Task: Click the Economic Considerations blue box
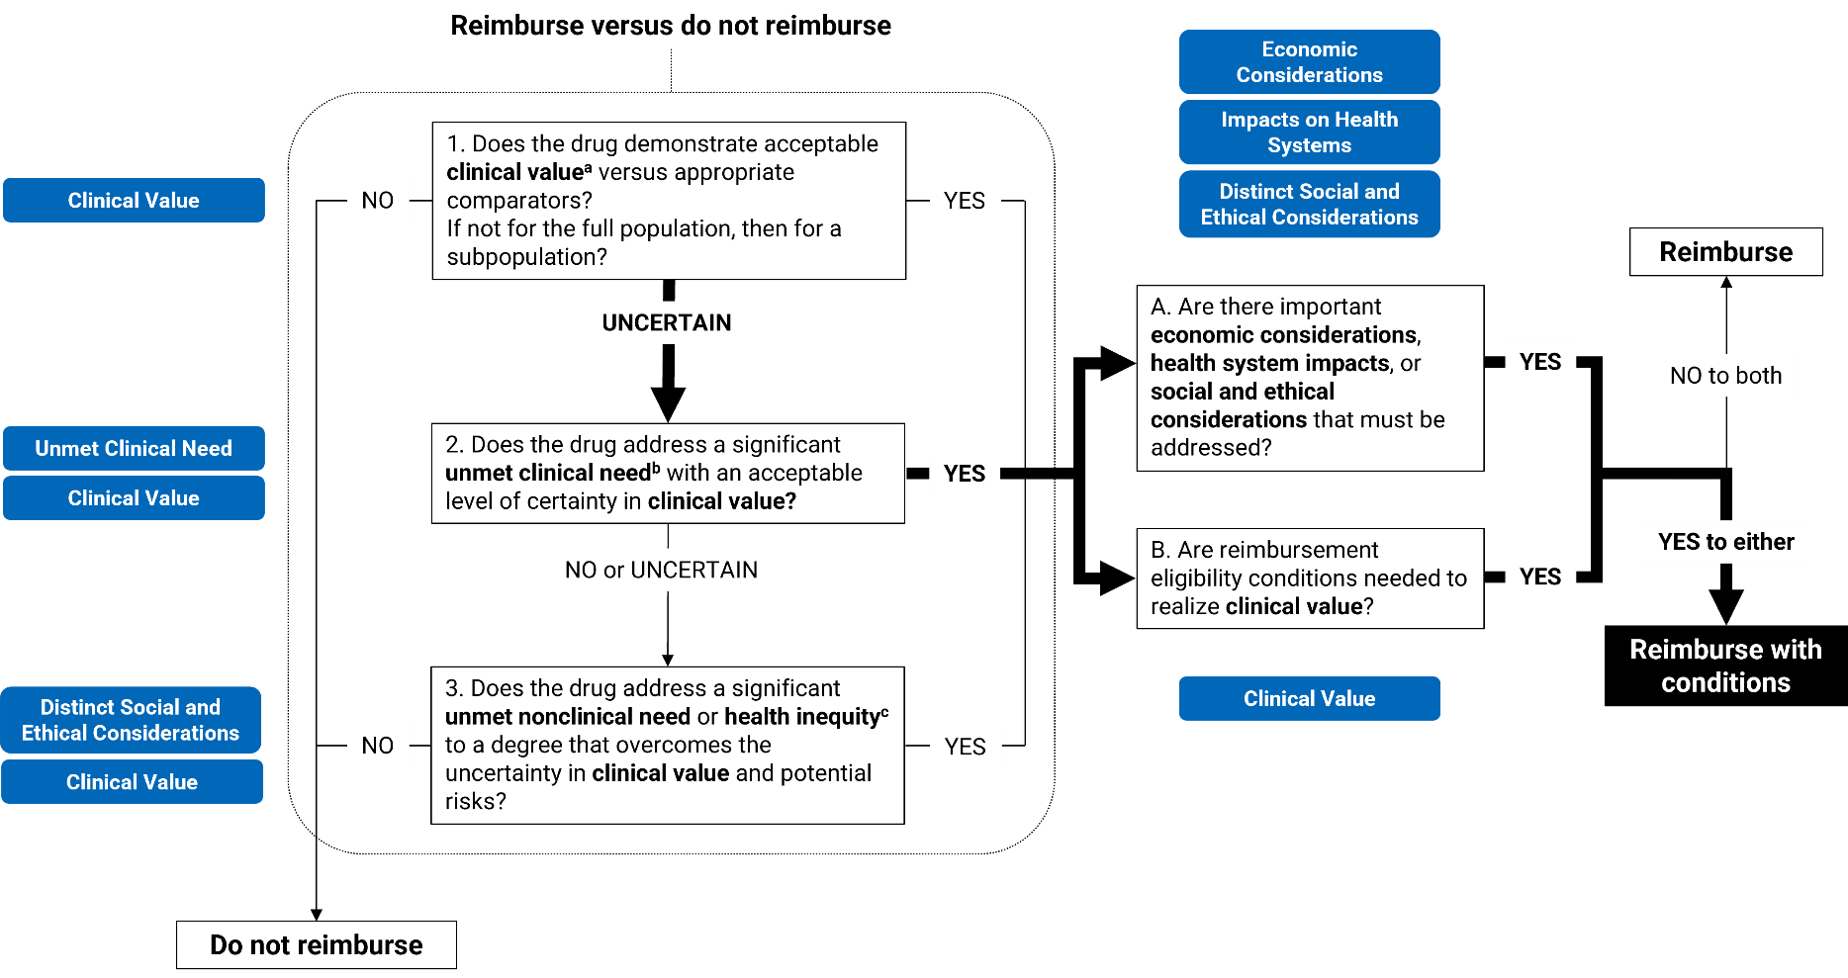[1309, 62]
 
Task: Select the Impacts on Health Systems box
[1309, 133]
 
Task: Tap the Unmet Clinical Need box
[134, 448]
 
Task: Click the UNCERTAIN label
[667, 322]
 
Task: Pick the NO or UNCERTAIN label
[661, 570]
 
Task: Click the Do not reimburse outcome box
[316, 944]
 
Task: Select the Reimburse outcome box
[1725, 251]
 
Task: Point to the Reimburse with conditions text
[1725, 666]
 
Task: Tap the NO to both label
[1725, 376]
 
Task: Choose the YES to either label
[1725, 542]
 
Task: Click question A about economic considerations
[1309, 378]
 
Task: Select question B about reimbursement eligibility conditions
[1309, 578]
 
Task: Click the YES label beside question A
[1539, 362]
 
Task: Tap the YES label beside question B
[1539, 577]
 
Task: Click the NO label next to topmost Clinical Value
[378, 201]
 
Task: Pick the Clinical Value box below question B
[1309, 698]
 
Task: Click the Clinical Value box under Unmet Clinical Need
[134, 497]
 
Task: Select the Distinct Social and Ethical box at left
[131, 720]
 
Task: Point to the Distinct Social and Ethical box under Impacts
[1309, 204]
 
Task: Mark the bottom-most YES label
[965, 747]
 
